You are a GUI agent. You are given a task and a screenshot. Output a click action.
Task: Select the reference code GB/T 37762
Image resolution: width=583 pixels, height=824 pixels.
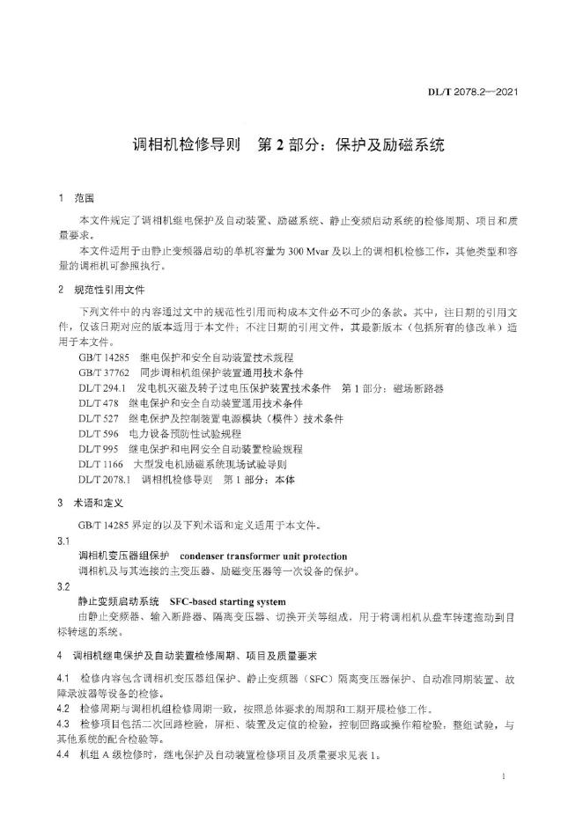click(103, 372)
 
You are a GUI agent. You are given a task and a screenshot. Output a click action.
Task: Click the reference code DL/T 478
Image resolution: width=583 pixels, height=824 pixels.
click(98, 403)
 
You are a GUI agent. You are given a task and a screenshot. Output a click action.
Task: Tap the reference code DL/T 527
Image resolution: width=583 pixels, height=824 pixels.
click(98, 418)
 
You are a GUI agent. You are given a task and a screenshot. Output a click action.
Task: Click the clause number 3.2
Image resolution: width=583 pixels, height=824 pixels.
click(63, 586)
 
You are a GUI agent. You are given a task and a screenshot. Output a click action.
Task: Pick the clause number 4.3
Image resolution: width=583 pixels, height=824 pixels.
click(63, 724)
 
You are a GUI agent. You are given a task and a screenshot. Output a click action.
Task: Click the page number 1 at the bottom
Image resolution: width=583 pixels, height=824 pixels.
click(501, 777)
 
